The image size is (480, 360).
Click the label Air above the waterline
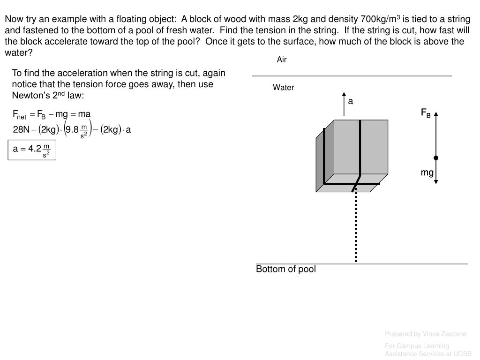click(x=282, y=60)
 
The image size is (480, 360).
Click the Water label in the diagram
click(x=284, y=88)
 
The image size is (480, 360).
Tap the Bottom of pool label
click(x=286, y=269)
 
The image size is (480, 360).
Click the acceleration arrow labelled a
click(x=344, y=104)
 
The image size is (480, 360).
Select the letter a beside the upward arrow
click(x=350, y=101)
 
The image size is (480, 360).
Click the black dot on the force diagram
click(x=436, y=158)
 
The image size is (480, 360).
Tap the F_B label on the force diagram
click(x=426, y=113)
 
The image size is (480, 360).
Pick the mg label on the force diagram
click(x=427, y=172)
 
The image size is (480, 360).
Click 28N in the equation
click(x=22, y=130)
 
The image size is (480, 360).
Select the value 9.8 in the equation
click(x=72, y=130)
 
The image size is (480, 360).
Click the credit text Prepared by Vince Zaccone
click(x=426, y=334)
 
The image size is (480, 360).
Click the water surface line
click(x=352, y=75)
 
